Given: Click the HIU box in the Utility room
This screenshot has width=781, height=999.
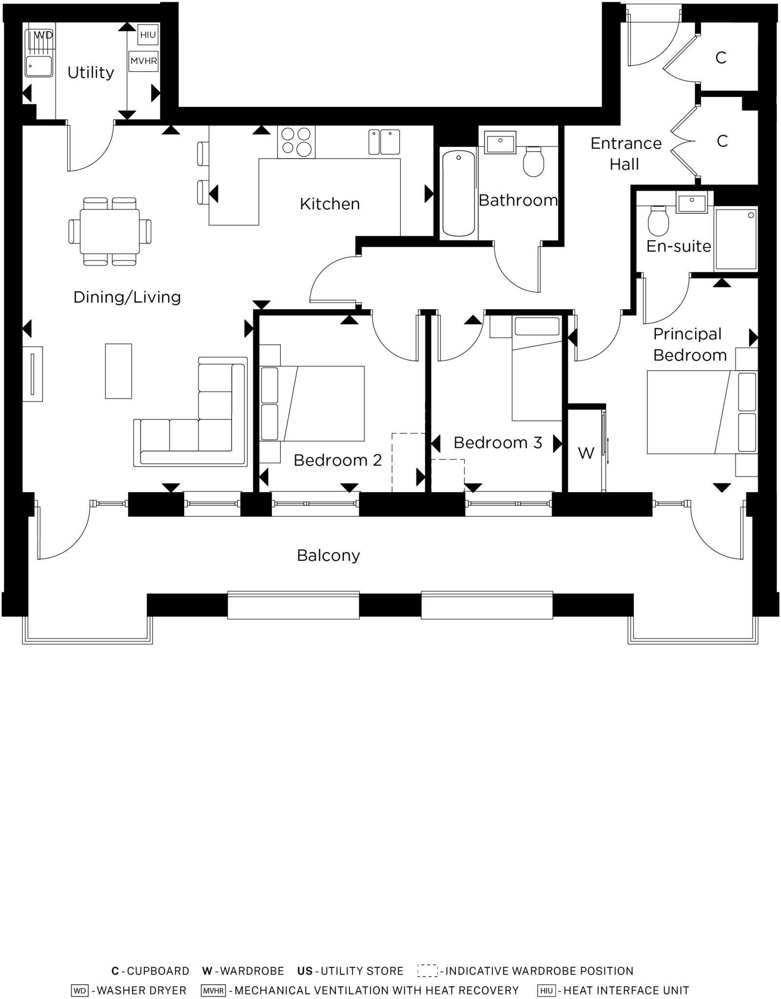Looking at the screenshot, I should (x=148, y=35).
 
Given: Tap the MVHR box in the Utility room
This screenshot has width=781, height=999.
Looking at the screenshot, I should (x=143, y=61).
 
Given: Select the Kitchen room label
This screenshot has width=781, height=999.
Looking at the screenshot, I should (x=330, y=204).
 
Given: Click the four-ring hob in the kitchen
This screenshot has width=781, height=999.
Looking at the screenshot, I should (x=296, y=141).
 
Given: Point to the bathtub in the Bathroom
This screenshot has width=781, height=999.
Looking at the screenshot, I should (x=458, y=193).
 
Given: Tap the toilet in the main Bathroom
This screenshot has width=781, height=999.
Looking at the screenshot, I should (x=533, y=161).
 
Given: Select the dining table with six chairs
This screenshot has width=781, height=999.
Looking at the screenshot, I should (x=110, y=231).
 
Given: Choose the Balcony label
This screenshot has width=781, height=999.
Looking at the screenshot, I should (x=328, y=555).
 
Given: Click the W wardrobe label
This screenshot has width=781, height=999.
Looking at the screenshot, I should (x=586, y=453).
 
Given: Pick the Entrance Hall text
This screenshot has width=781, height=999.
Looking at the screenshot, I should (x=625, y=153).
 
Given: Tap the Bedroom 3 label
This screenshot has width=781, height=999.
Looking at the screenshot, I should (x=497, y=442).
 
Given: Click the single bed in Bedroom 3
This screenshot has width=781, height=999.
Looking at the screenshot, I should (x=536, y=368).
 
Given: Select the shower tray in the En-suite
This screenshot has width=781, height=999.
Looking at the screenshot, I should (x=735, y=239).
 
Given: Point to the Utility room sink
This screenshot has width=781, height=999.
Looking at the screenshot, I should (x=39, y=66).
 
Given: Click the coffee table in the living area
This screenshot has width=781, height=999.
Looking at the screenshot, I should (x=118, y=371).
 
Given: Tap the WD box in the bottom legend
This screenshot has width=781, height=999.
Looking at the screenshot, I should (x=79, y=990).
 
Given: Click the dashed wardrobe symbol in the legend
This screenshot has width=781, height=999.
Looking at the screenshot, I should (x=427, y=970).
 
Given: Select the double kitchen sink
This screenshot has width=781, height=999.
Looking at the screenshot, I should (x=384, y=141).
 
